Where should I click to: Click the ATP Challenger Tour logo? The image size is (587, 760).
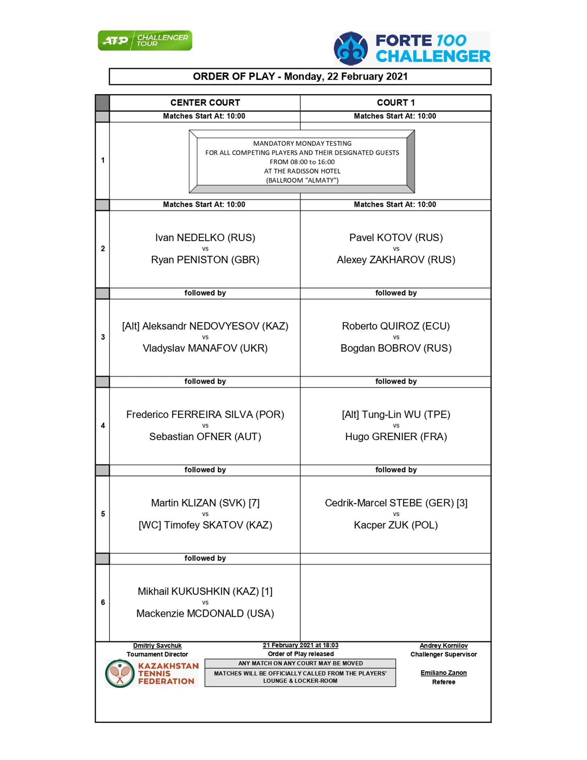tap(145, 40)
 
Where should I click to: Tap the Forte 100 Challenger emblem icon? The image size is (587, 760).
tap(351, 49)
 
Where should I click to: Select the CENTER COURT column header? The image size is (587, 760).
tap(205, 103)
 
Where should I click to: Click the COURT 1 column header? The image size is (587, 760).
tap(396, 103)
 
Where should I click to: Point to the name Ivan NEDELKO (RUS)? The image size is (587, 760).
tap(205, 237)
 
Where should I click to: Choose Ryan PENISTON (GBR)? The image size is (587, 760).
tap(205, 260)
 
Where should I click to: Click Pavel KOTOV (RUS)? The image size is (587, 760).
tap(396, 237)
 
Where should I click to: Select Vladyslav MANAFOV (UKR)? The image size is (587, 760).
tap(205, 348)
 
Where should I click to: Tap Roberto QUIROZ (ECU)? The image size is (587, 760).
tap(396, 326)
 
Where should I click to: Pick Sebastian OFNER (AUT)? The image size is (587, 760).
tap(205, 437)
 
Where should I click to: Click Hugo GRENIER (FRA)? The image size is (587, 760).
tap(396, 437)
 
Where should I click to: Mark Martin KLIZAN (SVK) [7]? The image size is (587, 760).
tap(205, 503)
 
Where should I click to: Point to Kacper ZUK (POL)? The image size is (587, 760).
tap(396, 525)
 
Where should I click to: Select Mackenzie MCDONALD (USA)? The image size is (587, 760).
tap(205, 613)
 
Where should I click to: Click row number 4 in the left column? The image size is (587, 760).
tap(103, 425)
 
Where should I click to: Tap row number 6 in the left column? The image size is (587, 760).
tap(103, 602)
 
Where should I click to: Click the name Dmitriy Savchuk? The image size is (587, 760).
tap(157, 646)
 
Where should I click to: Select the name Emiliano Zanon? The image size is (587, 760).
tap(443, 673)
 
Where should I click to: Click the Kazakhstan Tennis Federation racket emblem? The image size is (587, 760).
tap(120, 673)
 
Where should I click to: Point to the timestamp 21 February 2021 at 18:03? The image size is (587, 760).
tap(300, 645)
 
